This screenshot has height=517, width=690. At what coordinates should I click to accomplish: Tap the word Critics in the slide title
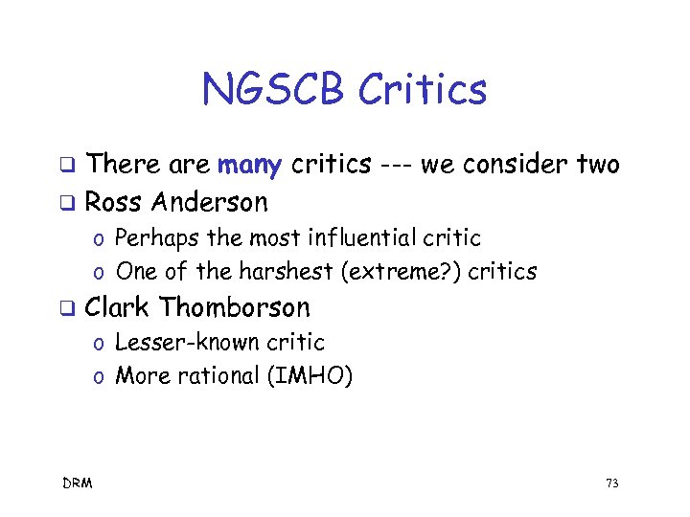[422, 90]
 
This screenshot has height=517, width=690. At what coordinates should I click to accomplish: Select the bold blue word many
[249, 166]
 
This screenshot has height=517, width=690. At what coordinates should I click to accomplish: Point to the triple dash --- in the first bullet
[395, 166]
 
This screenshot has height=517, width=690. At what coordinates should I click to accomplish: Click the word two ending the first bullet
[598, 166]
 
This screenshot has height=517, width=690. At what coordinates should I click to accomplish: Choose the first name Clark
[117, 307]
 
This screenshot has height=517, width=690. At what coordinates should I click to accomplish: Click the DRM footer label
[78, 483]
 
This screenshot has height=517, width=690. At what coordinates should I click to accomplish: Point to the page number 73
[611, 483]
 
